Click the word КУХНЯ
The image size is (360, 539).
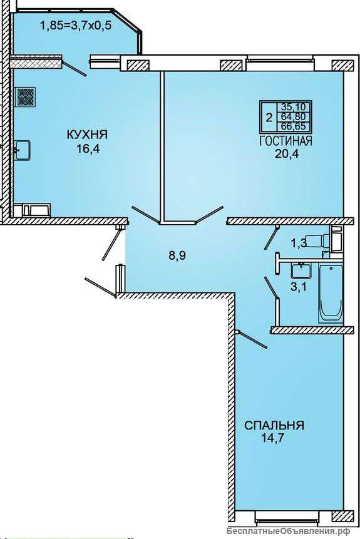click(x=87, y=135)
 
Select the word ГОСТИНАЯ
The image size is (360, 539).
click(x=285, y=141)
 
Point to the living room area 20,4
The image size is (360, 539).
click(x=287, y=153)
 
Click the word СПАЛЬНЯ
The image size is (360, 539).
click(x=274, y=425)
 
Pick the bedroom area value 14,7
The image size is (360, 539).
click(x=274, y=438)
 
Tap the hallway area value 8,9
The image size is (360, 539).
click(x=177, y=256)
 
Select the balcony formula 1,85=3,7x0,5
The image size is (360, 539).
click(x=76, y=26)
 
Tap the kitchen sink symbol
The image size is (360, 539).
click(x=23, y=150)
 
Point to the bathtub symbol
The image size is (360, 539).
click(x=331, y=293)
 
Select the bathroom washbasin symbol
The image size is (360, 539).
click(x=301, y=269)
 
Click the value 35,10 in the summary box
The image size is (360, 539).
click(x=293, y=106)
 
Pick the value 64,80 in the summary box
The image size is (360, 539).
click(x=293, y=116)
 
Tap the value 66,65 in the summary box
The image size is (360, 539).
click(x=293, y=126)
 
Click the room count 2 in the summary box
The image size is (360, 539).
click(x=269, y=118)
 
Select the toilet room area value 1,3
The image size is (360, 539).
click(x=299, y=244)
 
